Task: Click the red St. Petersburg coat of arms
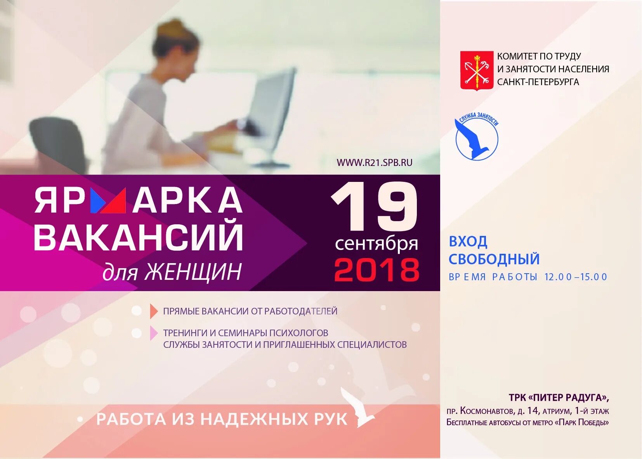pos(477,70)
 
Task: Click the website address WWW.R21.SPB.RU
pos(374,163)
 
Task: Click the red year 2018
pos(377,270)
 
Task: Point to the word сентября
pos(376,244)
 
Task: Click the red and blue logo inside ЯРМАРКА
pos(108,201)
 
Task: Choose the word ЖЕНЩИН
pos(193,272)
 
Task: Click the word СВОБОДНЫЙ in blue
pos(494,259)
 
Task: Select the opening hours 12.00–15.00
pos(576,277)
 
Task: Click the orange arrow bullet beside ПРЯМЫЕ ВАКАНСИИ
pos(154,311)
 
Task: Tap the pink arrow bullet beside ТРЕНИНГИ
pos(154,333)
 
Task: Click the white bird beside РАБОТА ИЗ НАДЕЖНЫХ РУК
pos(359,408)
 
